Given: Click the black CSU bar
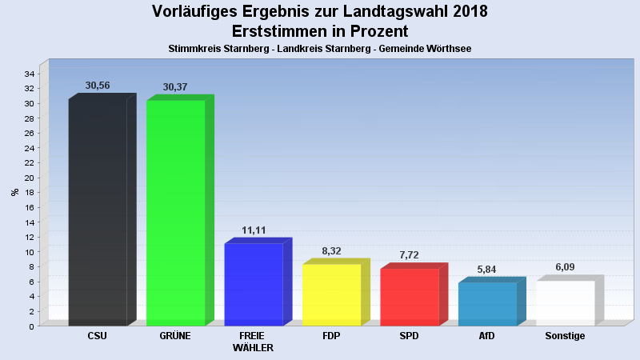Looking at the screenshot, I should point(98,212).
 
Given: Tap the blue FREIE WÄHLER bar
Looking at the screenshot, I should point(253,284).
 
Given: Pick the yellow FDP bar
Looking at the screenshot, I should point(331,294).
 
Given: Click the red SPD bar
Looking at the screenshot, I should point(409,297).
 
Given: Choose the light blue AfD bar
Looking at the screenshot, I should point(487,304).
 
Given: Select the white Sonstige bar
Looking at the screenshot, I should point(565,303).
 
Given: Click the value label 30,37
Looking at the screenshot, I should point(175,86).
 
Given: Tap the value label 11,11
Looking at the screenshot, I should point(254,230).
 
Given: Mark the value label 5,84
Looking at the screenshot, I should point(486,270).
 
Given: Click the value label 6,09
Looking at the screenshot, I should point(565,268).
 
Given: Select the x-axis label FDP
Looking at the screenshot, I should point(331,336).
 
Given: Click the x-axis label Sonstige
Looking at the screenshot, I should point(565,336).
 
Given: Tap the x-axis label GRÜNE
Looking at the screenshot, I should point(175,336).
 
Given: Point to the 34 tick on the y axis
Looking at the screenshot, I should point(28,74).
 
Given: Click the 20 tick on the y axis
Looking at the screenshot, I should point(28,178).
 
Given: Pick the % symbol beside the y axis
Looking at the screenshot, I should point(14,192).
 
